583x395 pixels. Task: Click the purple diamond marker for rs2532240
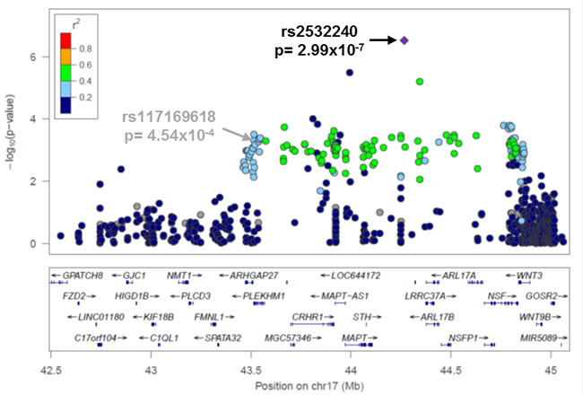405,40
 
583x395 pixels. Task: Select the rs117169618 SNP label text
169,117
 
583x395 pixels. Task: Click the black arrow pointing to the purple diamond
383,39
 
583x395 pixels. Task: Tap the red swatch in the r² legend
65,41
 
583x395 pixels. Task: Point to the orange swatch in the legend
65,57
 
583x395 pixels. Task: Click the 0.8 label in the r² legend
85,48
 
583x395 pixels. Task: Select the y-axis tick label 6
34,57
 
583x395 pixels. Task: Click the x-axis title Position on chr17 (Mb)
309,386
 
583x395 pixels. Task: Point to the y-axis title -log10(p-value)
10,133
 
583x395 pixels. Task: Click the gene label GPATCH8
83,276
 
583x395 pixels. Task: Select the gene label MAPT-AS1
344,296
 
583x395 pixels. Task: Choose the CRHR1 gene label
308,317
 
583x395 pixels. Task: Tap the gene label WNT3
529,276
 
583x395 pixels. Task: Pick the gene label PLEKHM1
264,296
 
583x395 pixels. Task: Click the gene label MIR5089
538,338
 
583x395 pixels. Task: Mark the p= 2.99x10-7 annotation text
319,50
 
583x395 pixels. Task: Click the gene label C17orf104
96,338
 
